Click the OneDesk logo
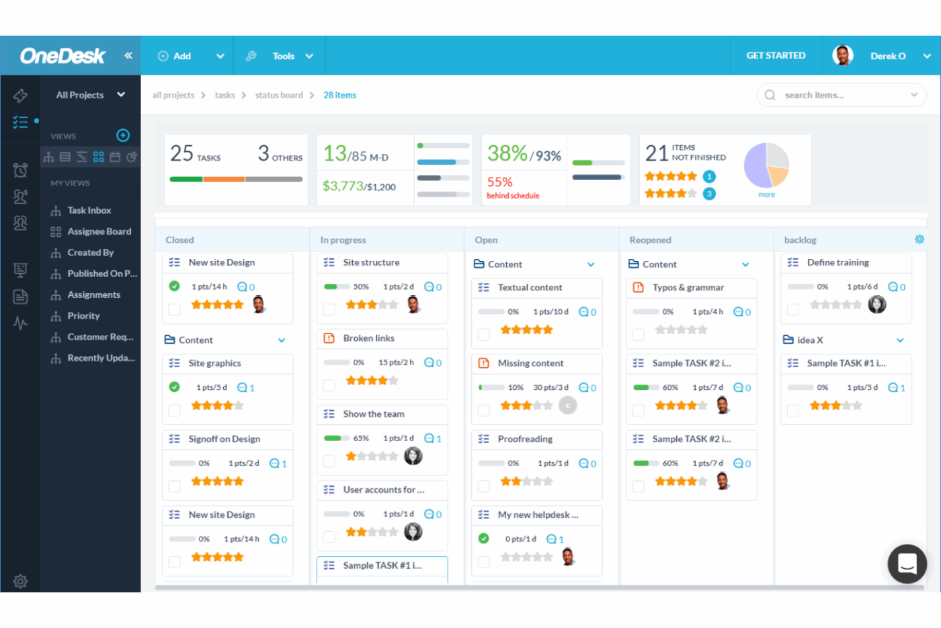pyautogui.click(x=63, y=56)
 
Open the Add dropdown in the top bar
pyautogui.click(x=219, y=56)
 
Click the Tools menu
pyautogui.click(x=283, y=56)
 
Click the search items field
pyautogui.click(x=840, y=95)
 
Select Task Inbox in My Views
pyautogui.click(x=89, y=210)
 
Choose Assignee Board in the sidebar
pyautogui.click(x=99, y=231)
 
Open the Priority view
pyautogui.click(x=83, y=316)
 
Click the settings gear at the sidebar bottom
pyautogui.click(x=20, y=581)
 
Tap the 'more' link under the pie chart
pyautogui.click(x=766, y=195)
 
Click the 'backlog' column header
pyautogui.click(x=800, y=240)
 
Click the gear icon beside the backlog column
pyautogui.click(x=919, y=239)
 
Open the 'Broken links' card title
pyautogui.click(x=368, y=338)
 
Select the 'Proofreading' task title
pyautogui.click(x=525, y=439)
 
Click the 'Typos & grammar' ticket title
pyautogui.click(x=688, y=288)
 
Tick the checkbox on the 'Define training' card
pyautogui.click(x=793, y=309)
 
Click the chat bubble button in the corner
pyautogui.click(x=907, y=563)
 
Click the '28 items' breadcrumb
pyautogui.click(x=339, y=95)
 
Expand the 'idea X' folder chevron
pyautogui.click(x=900, y=340)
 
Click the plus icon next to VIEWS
pyautogui.click(x=123, y=135)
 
